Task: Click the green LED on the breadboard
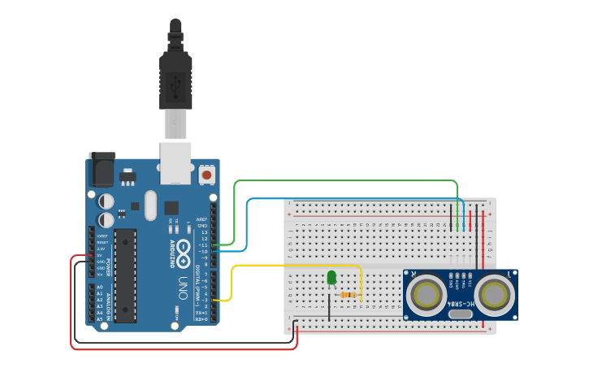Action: [331, 277]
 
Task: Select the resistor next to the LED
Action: [349, 295]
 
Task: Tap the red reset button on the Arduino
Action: [206, 175]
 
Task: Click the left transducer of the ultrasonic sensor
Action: [427, 296]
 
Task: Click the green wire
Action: [341, 181]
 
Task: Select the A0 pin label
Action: [100, 287]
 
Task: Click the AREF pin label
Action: [202, 219]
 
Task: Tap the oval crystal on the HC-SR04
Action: [460, 314]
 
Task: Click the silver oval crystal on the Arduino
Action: [150, 206]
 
